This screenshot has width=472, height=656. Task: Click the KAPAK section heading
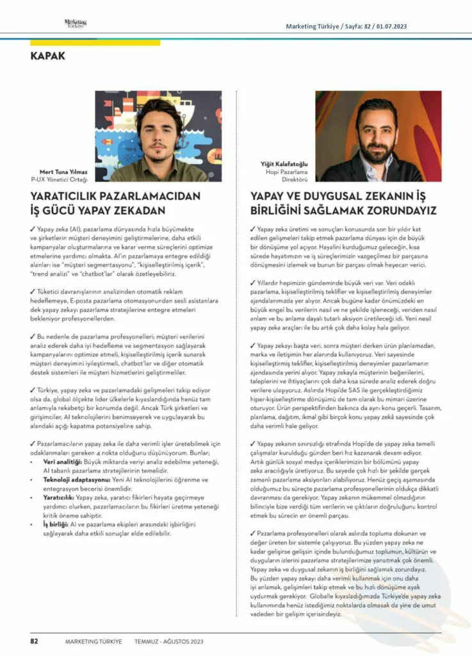pos(47,56)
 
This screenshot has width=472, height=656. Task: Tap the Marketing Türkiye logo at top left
pos(76,24)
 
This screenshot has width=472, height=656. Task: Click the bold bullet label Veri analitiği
pos(63,461)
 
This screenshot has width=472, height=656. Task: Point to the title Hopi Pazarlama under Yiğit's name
pos(286,172)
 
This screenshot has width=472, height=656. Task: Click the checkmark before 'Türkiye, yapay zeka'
pos(33,389)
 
